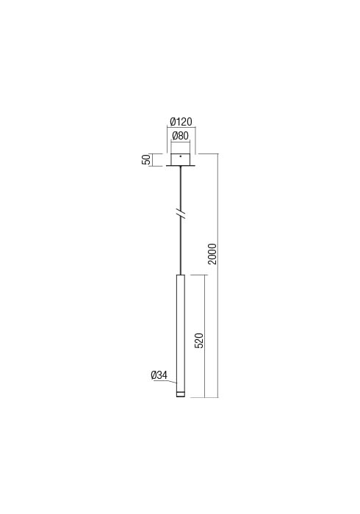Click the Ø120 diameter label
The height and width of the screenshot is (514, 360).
pos(181,123)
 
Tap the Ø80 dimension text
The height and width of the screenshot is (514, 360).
pos(181,136)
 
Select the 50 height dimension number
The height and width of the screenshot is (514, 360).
pos(145,159)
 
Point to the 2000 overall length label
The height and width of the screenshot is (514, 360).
pos(212,254)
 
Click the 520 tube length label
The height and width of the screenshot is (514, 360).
pos(199,340)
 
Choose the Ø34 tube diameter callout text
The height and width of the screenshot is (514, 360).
pos(159,375)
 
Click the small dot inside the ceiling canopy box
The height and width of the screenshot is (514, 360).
pos(180,156)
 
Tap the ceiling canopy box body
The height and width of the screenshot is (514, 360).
pos(180,159)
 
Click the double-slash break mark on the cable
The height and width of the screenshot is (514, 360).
pos(181,214)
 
